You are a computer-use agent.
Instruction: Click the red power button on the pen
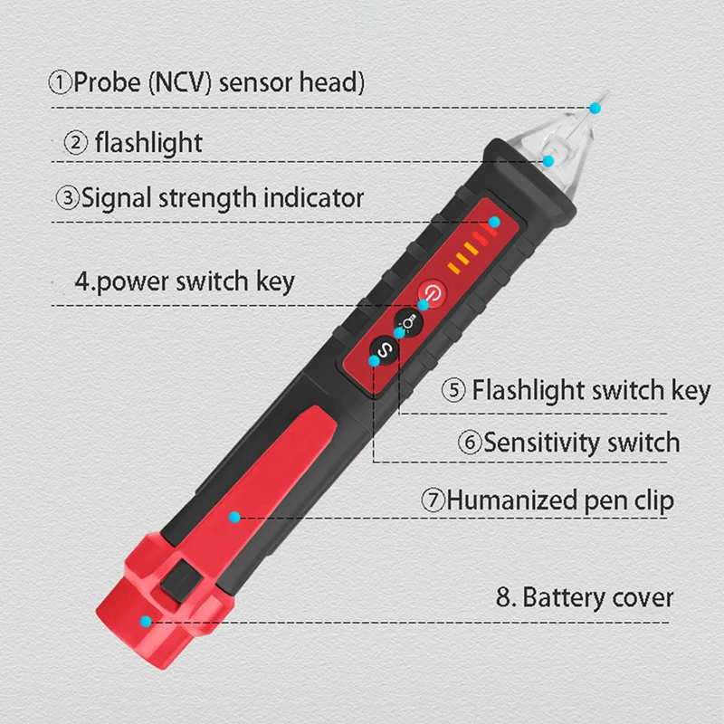point(433,293)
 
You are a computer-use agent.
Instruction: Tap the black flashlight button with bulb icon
point(408,321)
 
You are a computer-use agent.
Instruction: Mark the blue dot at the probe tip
point(595,109)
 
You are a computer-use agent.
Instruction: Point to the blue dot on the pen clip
point(234,517)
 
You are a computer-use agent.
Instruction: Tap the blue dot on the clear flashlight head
point(548,160)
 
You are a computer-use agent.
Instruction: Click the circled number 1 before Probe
point(60,83)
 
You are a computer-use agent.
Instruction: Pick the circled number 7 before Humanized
point(433,500)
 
